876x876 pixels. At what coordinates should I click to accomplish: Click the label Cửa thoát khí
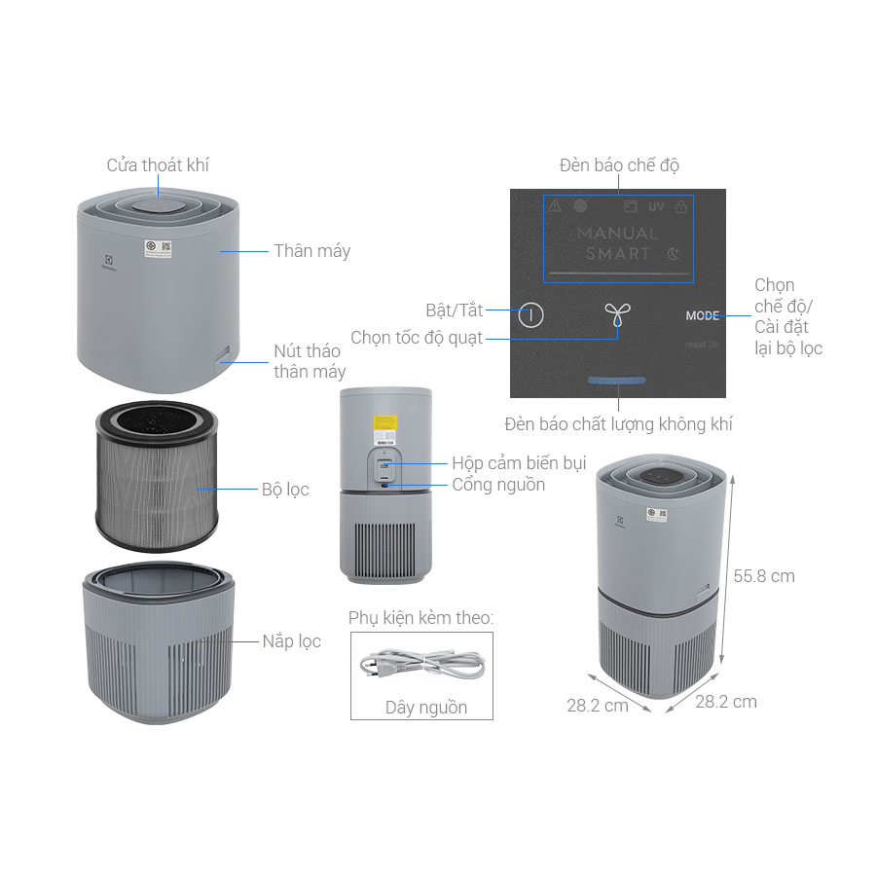point(158,164)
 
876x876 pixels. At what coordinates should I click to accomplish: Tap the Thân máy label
point(311,251)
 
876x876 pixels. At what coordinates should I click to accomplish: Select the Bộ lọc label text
point(285,490)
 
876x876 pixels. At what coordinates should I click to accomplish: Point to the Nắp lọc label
point(291,641)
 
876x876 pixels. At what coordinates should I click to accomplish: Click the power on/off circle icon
point(530,314)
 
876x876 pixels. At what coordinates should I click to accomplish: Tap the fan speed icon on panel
point(615,314)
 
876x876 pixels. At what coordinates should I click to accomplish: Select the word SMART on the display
point(618,253)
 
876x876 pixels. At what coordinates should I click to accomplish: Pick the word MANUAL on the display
point(617,234)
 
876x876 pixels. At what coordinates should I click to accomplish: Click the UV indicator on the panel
point(656,206)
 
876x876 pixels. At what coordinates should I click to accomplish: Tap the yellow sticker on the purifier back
point(385,425)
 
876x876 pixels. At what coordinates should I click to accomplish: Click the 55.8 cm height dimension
point(764,576)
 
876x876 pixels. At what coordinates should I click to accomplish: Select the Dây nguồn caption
point(426,708)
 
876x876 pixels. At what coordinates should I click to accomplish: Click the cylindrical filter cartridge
point(156,477)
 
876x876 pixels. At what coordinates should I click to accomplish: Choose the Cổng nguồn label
point(498,485)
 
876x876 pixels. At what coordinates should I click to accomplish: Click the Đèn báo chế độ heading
point(619,165)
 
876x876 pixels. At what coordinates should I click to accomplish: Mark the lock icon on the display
point(681,206)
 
